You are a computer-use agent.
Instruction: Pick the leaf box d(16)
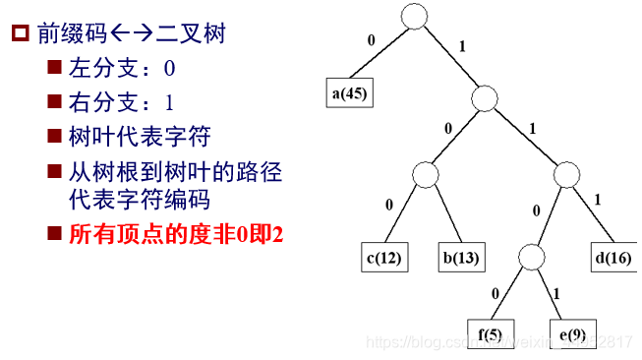[x=613, y=258]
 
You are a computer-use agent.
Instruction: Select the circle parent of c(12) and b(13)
[x=426, y=176]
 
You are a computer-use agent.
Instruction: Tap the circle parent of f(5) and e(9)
[x=530, y=257]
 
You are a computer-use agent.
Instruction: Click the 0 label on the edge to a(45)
[x=371, y=41]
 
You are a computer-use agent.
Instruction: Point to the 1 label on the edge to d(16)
[x=598, y=200]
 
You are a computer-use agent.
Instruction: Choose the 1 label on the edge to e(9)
[x=557, y=293]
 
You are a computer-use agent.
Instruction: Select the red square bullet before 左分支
[x=53, y=70]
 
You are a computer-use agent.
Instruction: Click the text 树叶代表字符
[x=139, y=136]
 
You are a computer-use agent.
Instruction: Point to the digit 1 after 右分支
[x=169, y=103]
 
